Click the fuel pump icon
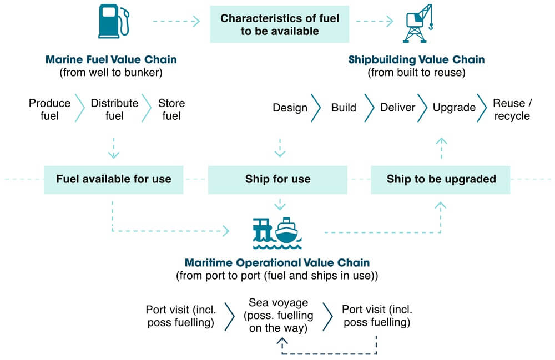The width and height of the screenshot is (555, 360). point(113,21)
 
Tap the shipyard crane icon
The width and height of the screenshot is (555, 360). point(418,23)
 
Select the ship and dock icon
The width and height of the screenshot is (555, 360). point(277,233)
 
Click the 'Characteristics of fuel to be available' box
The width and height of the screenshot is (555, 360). point(280,24)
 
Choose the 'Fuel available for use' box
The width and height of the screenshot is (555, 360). point(114,179)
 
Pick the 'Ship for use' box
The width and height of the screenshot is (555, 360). point(277,179)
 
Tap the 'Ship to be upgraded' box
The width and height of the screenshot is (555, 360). point(441,179)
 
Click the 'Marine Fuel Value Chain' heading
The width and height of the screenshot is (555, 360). point(111,59)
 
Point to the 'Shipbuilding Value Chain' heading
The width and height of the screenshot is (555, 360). point(417,59)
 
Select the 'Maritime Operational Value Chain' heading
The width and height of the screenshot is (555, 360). point(277,263)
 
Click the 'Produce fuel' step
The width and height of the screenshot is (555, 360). point(49,109)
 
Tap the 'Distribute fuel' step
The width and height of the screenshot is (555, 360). point(114,109)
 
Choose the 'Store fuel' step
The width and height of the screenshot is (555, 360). point(171,109)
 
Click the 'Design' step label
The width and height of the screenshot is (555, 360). point(290,108)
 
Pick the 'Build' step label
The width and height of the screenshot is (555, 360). point(344,108)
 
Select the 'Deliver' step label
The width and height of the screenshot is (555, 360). point(397,108)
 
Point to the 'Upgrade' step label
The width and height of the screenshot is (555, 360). point(454,108)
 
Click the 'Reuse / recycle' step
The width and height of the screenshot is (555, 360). point(512,109)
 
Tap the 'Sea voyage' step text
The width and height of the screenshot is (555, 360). point(278,303)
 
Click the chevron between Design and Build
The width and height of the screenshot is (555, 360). point(316,108)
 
